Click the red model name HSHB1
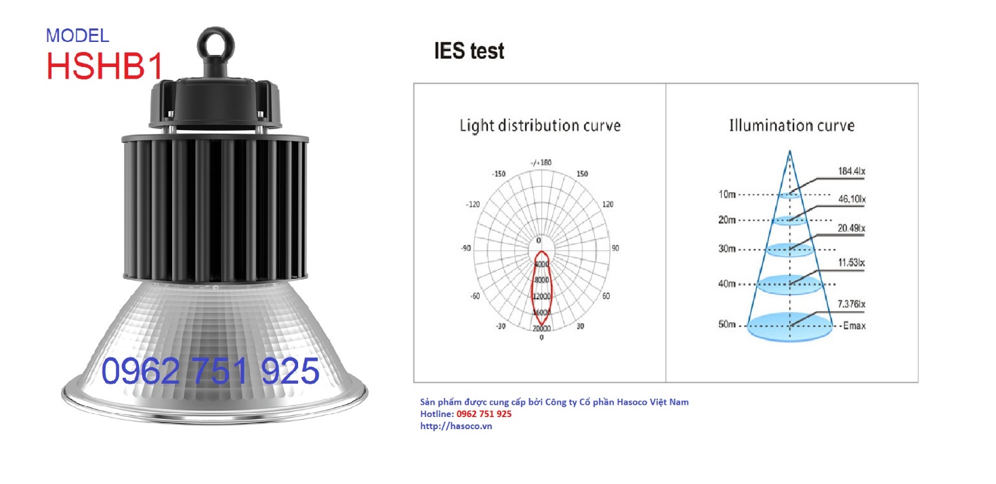[x=105, y=66]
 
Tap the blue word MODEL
[x=77, y=36]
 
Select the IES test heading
[x=469, y=51]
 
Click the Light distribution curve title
[x=540, y=126]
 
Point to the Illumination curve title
[x=791, y=126]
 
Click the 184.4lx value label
[x=852, y=171]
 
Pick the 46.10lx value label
[x=852, y=199]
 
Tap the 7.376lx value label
[x=851, y=304]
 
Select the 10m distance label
[x=727, y=194]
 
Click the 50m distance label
[x=726, y=324]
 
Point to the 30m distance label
[x=727, y=248]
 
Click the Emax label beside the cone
[x=854, y=326]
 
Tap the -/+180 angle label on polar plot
[x=541, y=162]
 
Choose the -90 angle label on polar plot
[x=466, y=248]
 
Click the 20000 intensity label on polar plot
[x=541, y=328]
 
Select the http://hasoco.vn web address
[x=456, y=426]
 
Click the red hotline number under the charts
[x=484, y=414]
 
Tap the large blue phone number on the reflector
[x=210, y=371]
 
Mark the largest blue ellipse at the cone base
[x=790, y=327]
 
